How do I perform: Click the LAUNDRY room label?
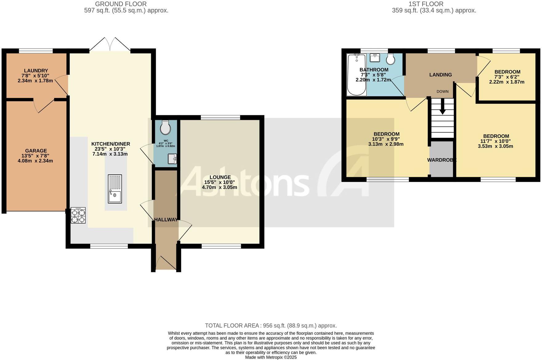point(36,71)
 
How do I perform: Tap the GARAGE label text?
point(36,151)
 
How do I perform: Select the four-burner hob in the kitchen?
point(78,215)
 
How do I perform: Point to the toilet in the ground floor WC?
point(165,127)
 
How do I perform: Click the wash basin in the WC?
point(172,159)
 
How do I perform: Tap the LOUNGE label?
point(220,177)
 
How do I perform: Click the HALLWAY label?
point(166,220)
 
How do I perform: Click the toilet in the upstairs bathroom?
point(391,59)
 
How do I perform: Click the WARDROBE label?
point(442,160)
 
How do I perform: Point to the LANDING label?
point(440,75)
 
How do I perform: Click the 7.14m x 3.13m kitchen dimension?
point(110,154)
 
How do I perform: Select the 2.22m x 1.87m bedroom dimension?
point(507,82)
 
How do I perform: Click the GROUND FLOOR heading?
point(121,4)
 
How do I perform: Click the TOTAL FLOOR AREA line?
point(271,325)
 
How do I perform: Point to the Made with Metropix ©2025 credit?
point(271,357)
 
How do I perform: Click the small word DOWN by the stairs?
point(442,92)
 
